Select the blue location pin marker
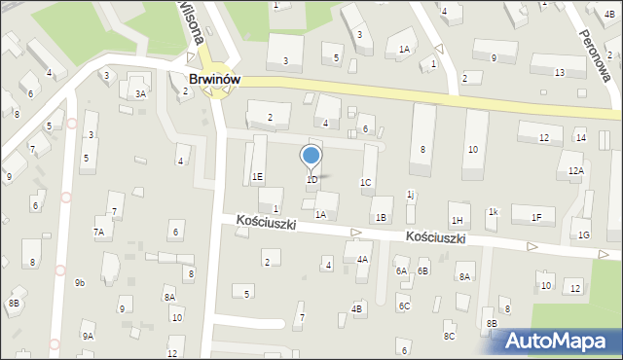(x=311, y=158)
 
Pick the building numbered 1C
(x=365, y=182)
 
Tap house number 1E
(x=257, y=176)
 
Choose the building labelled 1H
(x=457, y=221)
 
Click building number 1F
(x=536, y=217)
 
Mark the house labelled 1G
(x=584, y=234)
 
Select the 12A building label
(x=576, y=171)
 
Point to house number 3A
(x=140, y=93)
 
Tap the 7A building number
(x=98, y=232)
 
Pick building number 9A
(x=88, y=336)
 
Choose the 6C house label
(x=403, y=306)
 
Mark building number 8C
(x=449, y=336)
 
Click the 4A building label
(x=362, y=259)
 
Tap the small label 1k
(x=494, y=211)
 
